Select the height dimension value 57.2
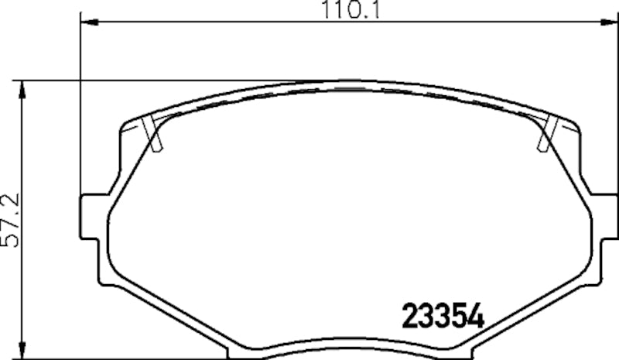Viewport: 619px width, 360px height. coord(12,219)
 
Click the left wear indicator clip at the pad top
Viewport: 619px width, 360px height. coord(153,134)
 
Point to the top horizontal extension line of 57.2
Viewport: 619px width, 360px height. coord(155,79)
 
